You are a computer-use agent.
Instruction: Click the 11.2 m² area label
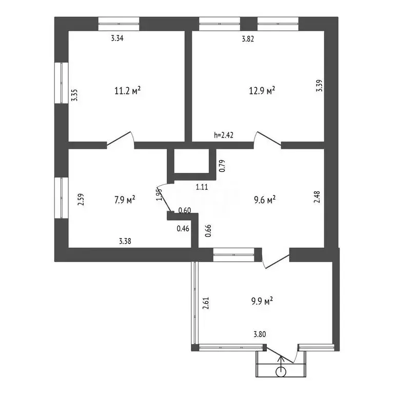[x=127, y=91]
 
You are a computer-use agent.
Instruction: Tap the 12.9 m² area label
[x=262, y=91]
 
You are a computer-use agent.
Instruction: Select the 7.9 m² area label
[x=123, y=199]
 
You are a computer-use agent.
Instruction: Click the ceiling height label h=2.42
[x=224, y=135]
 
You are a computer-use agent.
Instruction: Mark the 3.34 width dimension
[x=118, y=38]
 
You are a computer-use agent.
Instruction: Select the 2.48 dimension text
[x=319, y=198]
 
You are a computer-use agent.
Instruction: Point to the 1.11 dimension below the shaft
[x=202, y=187]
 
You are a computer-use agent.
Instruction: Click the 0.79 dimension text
[x=222, y=166]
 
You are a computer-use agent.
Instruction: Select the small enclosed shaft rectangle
[x=191, y=162]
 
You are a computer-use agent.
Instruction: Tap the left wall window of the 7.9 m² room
[x=62, y=198]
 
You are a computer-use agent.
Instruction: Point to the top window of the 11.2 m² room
[x=119, y=23]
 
